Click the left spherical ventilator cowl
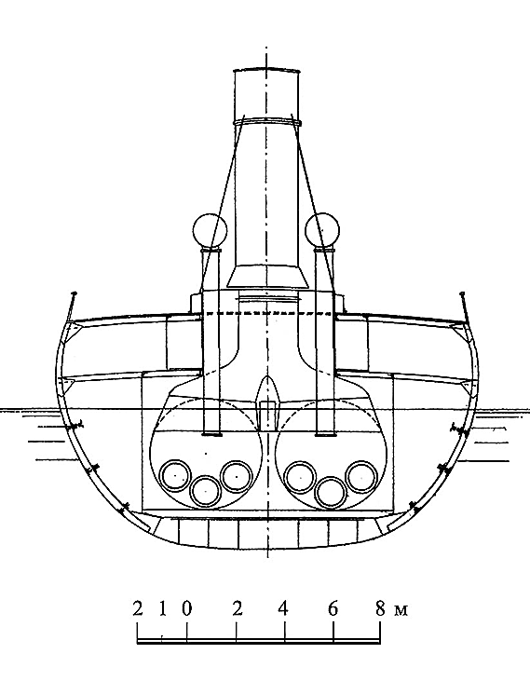210,230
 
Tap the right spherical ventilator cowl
322,230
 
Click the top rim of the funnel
267,70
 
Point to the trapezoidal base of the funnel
267,278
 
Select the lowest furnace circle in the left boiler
206,491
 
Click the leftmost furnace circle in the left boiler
175,475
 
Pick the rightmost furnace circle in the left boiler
237,476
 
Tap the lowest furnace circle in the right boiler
331,492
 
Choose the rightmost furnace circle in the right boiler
361,476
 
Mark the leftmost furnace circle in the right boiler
300,477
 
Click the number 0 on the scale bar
186,609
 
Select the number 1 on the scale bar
162,609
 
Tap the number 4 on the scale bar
283,609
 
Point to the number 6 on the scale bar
333,609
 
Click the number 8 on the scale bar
380,609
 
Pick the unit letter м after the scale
401,611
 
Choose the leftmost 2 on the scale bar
138,609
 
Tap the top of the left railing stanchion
74,294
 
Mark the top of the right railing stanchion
462,295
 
